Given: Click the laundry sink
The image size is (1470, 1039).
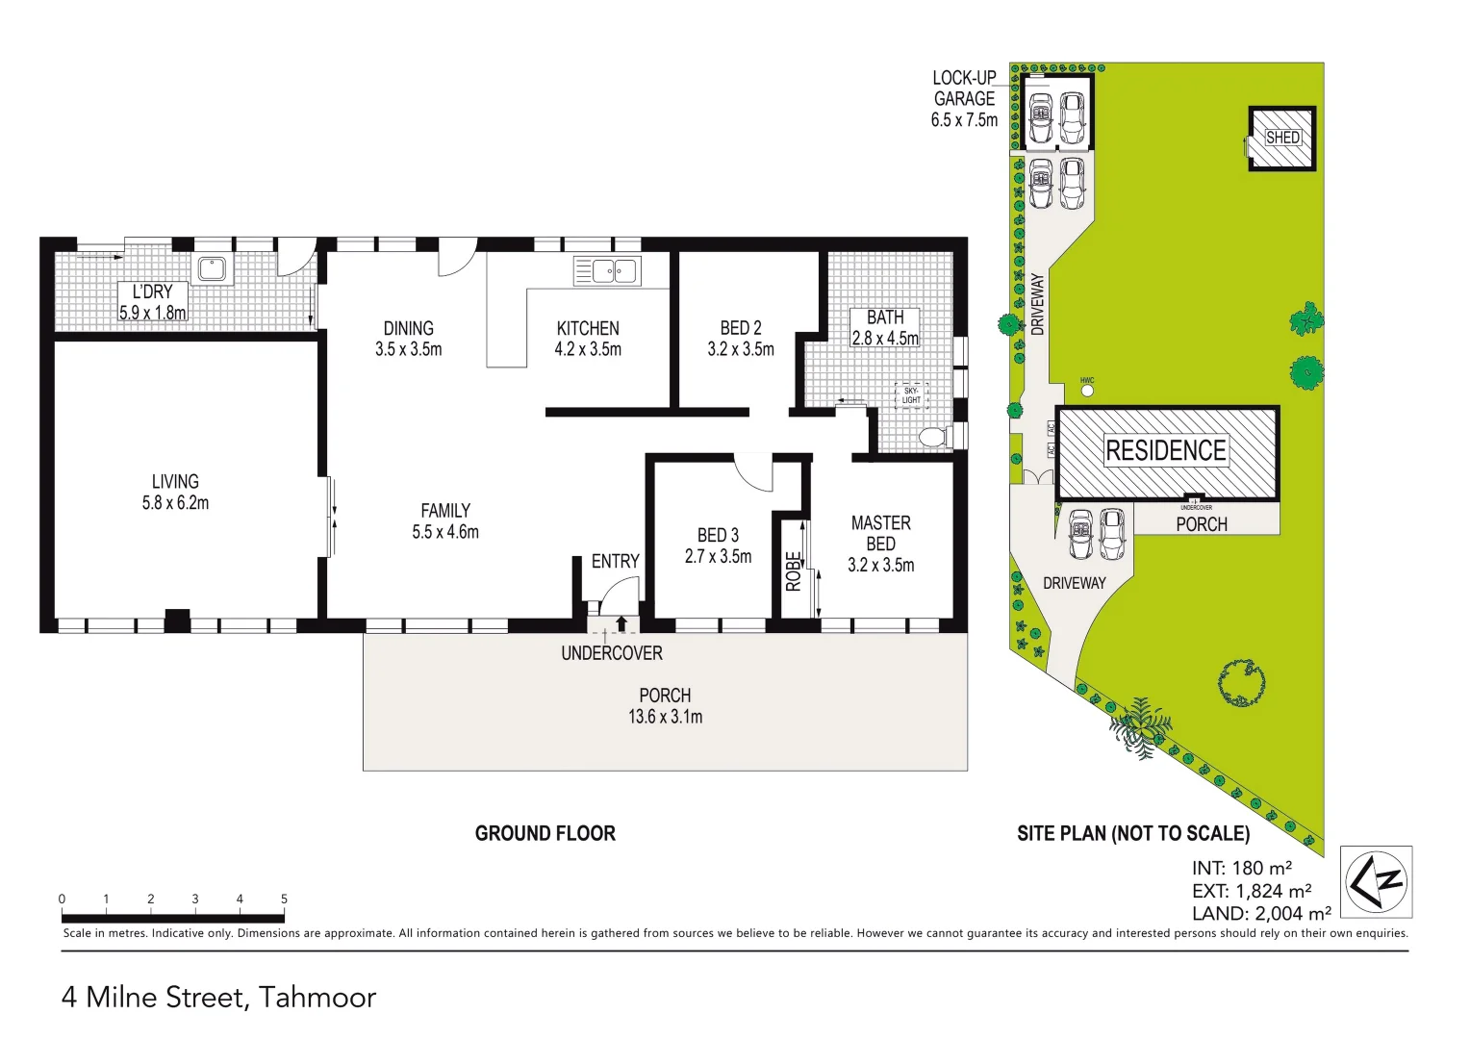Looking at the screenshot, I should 211,269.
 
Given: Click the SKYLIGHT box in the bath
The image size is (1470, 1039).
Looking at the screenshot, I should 911,395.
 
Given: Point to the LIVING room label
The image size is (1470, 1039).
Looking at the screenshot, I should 175,482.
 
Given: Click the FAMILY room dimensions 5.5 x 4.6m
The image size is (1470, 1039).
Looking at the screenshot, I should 445,532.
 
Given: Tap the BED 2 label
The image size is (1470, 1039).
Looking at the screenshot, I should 741,328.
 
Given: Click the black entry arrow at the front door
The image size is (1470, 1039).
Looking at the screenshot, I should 621,623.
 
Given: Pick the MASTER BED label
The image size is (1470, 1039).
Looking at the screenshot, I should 880,533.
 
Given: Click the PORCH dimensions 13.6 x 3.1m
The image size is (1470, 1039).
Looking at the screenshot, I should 665,717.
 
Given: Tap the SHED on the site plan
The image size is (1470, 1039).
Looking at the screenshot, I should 1281,139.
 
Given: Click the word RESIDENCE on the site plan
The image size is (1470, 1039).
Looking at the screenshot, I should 1165,450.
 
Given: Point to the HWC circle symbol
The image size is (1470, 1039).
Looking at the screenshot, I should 1087,391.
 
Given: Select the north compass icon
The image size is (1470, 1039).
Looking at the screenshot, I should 1376,880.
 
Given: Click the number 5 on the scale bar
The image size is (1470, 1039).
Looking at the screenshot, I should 284,899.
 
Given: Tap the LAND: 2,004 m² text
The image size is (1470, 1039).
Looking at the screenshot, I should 1261,914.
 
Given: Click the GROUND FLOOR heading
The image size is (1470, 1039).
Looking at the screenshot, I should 545,833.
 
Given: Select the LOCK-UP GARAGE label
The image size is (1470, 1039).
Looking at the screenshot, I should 964,98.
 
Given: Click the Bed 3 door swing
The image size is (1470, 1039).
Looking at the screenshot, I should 753,471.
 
